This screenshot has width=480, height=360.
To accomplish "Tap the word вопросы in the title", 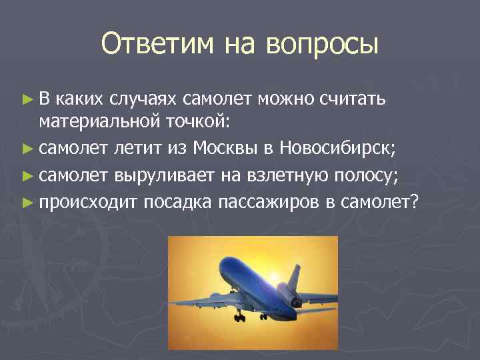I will coord(322,45).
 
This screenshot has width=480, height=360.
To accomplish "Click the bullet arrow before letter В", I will coord(27,99).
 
